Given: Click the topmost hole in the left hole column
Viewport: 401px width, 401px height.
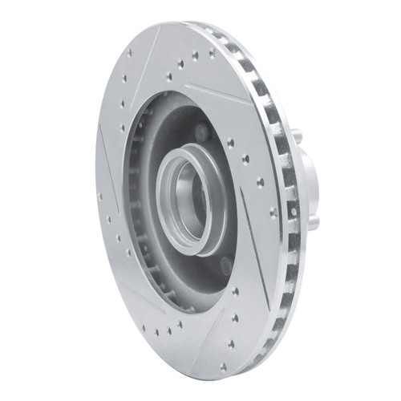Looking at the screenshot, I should (129, 54).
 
